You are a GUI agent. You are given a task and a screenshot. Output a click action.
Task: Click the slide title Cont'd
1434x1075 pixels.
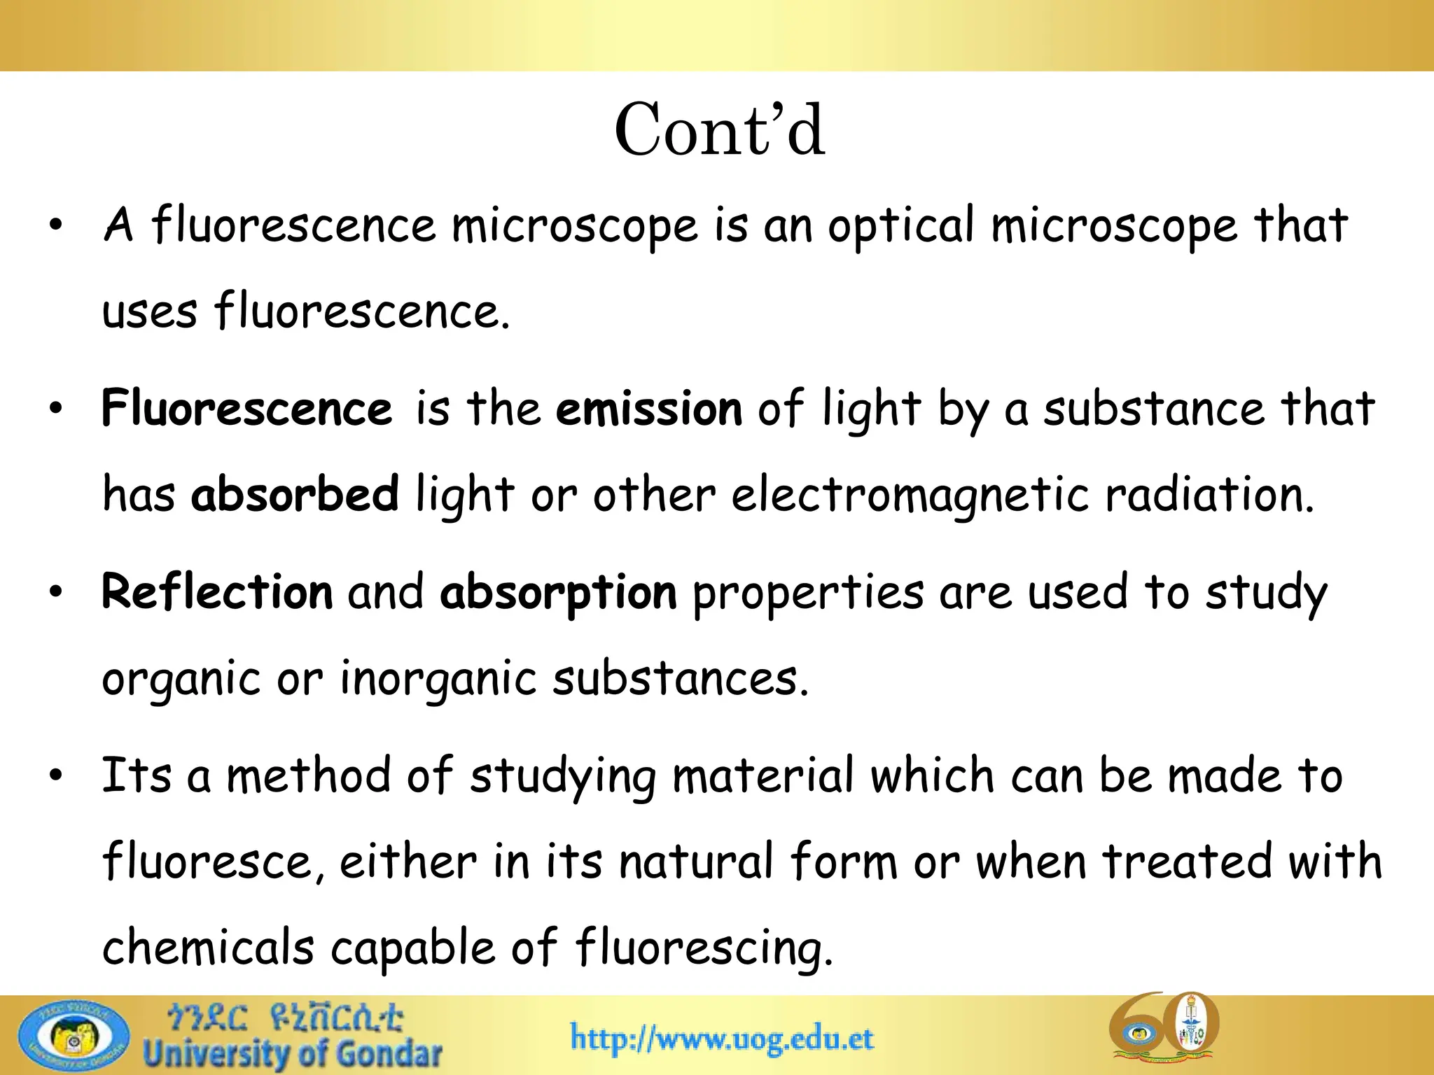coord(719,130)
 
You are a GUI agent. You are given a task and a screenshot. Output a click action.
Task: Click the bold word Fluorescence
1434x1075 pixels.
coord(246,409)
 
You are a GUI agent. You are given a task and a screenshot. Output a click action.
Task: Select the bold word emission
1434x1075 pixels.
coord(648,409)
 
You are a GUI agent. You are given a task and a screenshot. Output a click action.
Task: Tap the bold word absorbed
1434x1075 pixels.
coord(295,494)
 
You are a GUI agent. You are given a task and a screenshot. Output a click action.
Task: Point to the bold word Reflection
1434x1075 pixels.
coord(217,592)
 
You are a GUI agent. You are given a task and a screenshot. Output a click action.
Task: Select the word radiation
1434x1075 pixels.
coord(1209,494)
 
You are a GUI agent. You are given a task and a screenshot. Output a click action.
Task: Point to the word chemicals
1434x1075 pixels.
coord(208,948)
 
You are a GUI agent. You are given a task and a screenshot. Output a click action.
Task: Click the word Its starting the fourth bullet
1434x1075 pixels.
coord(137,775)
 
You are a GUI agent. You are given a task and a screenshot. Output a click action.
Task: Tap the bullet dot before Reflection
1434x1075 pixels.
coord(56,592)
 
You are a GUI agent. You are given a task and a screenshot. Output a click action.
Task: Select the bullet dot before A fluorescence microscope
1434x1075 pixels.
coord(56,225)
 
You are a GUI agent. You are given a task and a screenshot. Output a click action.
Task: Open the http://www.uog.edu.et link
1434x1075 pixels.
coord(722,1037)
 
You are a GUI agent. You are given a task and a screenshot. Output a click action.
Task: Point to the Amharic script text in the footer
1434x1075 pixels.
coord(284,1019)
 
